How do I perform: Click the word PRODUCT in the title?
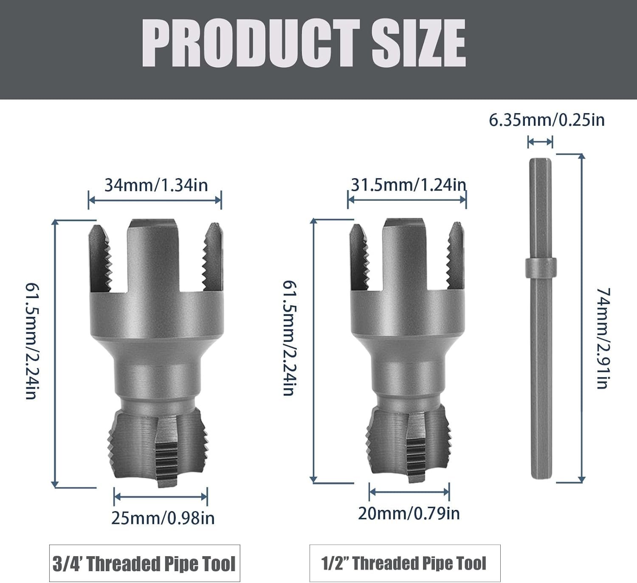pyautogui.click(x=251, y=43)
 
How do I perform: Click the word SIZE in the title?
pyautogui.click(x=419, y=43)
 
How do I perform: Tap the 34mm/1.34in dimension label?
pyautogui.click(x=156, y=185)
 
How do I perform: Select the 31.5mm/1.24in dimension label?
pyautogui.click(x=409, y=185)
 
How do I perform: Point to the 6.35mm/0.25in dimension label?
pyautogui.click(x=547, y=120)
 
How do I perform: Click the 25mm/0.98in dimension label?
pyautogui.click(x=163, y=518)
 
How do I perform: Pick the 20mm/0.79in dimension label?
pyautogui.click(x=409, y=513)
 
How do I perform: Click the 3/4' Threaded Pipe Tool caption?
pyautogui.click(x=144, y=563)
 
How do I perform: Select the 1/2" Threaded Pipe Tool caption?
pyautogui.click(x=403, y=563)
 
